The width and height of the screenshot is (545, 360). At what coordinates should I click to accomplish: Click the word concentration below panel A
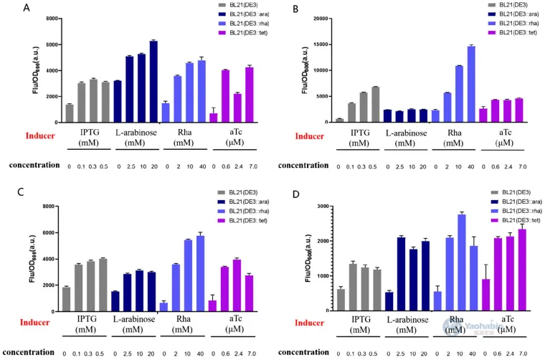[x=34, y=165]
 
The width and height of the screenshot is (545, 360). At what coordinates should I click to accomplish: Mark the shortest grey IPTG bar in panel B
[x=339, y=120]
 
